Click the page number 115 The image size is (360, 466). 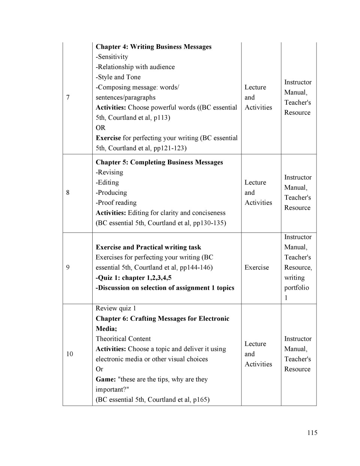(312, 433)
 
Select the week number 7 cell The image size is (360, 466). (68, 98)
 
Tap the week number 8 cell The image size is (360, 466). (68, 192)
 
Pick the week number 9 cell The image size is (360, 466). (68, 268)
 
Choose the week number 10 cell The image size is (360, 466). (70, 354)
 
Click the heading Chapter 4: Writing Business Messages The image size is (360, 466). (153, 47)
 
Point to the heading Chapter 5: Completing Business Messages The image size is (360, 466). (159, 162)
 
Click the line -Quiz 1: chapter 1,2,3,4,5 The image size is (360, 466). (133, 278)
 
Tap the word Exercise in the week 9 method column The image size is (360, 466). (256, 268)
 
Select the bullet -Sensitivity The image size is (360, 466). (112, 57)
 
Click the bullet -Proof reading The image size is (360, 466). (116, 203)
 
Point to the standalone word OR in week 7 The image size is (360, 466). (100, 128)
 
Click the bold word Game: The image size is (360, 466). (106, 379)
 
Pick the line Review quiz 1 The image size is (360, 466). (115, 308)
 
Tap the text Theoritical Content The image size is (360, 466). (123, 339)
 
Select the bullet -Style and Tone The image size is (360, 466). (118, 77)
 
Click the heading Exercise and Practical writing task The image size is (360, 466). (148, 247)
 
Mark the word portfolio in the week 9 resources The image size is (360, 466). (297, 288)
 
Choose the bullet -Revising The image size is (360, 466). (109, 172)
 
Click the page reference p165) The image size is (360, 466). (201, 400)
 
